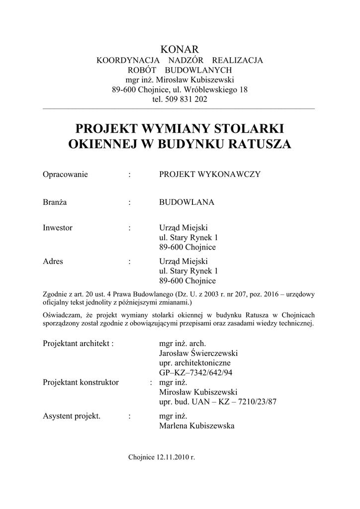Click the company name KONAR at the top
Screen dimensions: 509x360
(x=180, y=49)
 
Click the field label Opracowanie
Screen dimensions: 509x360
(x=65, y=174)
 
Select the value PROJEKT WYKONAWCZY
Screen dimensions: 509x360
(x=209, y=174)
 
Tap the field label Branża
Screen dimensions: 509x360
(x=55, y=202)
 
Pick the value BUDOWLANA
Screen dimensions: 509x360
(x=186, y=202)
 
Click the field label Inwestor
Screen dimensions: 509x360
(x=58, y=228)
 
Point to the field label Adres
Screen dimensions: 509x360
(x=53, y=261)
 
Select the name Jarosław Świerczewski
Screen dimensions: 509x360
(x=198, y=353)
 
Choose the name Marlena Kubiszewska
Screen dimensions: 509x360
(x=196, y=426)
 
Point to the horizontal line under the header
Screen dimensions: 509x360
(x=180, y=108)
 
